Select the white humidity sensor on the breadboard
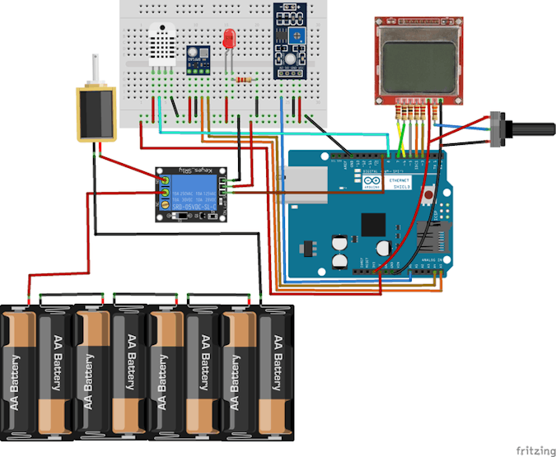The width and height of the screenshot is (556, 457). coord(163,44)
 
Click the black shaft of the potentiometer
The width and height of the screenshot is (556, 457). coord(531,128)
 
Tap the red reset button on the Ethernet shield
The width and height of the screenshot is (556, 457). coord(429,197)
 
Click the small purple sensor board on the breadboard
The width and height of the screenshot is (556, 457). coord(199,58)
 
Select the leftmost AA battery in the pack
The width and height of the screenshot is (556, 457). coord(16,371)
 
